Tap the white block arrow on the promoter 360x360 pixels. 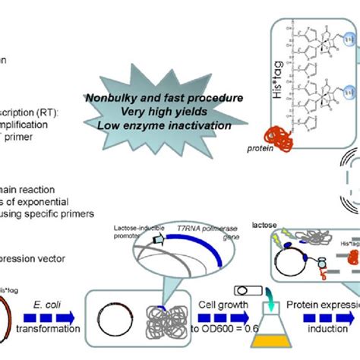point(158,242)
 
